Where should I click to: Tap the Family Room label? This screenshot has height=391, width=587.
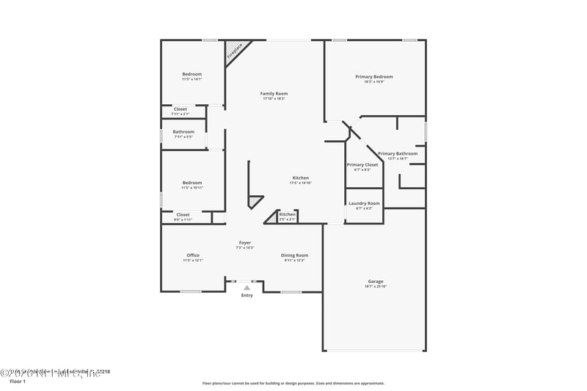[274, 93]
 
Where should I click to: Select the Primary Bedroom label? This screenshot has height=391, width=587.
[374, 76]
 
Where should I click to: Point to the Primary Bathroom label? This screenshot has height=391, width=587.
[398, 153]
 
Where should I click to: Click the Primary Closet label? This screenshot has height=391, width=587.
[362, 164]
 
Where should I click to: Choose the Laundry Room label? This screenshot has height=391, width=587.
[364, 202]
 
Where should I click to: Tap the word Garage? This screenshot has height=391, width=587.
[376, 281]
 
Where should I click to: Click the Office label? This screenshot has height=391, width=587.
[193, 255]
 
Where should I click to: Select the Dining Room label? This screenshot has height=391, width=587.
[294, 255]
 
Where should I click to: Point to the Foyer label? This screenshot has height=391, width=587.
[244, 242]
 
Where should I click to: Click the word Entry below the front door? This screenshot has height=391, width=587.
[247, 295]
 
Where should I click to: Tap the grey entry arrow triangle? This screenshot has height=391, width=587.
[247, 288]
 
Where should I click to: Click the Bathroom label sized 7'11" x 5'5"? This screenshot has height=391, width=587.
[183, 131]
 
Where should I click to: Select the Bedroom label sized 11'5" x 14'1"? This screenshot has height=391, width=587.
[192, 74]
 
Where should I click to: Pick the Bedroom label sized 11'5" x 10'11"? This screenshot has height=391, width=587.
[192, 183]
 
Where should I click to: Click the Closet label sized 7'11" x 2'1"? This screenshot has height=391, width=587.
[181, 109]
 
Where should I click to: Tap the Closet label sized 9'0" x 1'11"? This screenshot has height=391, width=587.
[182, 214]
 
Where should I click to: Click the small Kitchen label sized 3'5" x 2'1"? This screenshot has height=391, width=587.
[287, 214]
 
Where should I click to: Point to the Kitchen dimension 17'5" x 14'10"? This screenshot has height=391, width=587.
[301, 183]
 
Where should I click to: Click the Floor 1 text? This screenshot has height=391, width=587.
[17, 381]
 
